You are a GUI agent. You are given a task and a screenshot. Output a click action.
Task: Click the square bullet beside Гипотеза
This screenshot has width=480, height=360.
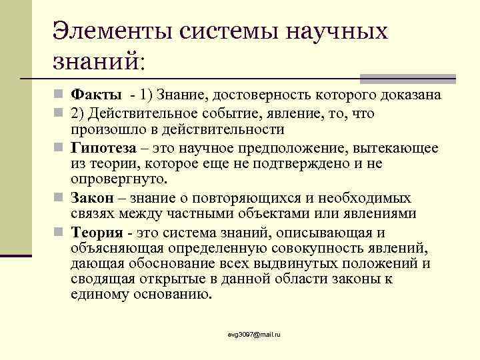(60, 147)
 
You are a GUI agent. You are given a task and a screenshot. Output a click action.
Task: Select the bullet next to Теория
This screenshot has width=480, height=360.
(60, 233)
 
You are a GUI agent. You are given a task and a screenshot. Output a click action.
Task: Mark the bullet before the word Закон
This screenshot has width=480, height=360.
(60, 199)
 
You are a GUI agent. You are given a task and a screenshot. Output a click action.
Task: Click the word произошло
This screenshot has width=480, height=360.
(103, 129)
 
